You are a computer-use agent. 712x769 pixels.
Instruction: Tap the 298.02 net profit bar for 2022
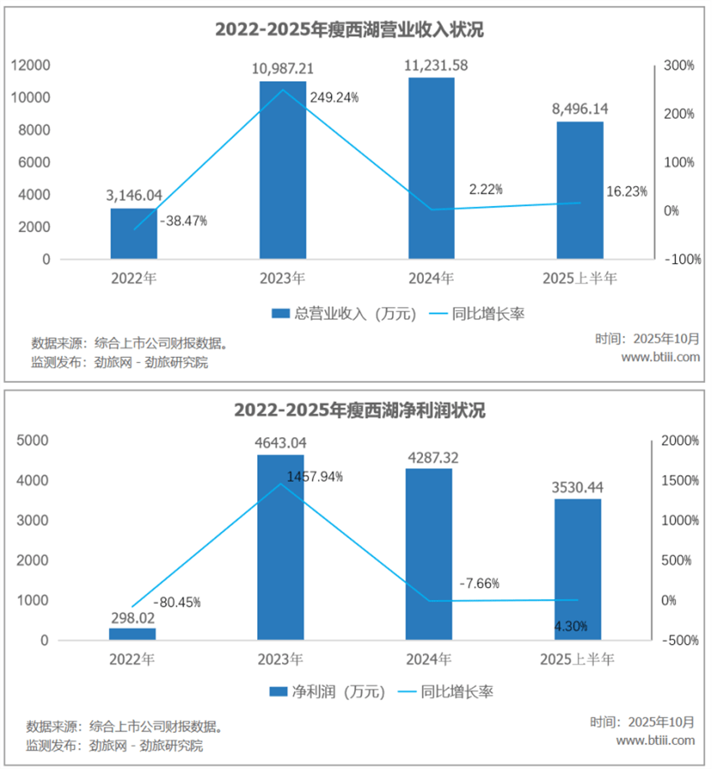[x=132, y=634]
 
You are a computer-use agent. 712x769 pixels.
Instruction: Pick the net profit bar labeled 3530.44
[x=578, y=570]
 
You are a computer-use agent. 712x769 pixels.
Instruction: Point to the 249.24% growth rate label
[x=334, y=97]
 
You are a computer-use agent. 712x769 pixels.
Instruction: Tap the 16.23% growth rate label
[x=627, y=192]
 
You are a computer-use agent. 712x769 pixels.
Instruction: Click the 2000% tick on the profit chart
[x=680, y=441]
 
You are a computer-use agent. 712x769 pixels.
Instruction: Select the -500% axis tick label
[x=680, y=641]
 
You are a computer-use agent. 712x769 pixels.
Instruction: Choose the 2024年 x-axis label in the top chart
[x=431, y=278]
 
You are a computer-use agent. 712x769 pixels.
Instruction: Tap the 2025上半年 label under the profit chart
[x=577, y=659]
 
